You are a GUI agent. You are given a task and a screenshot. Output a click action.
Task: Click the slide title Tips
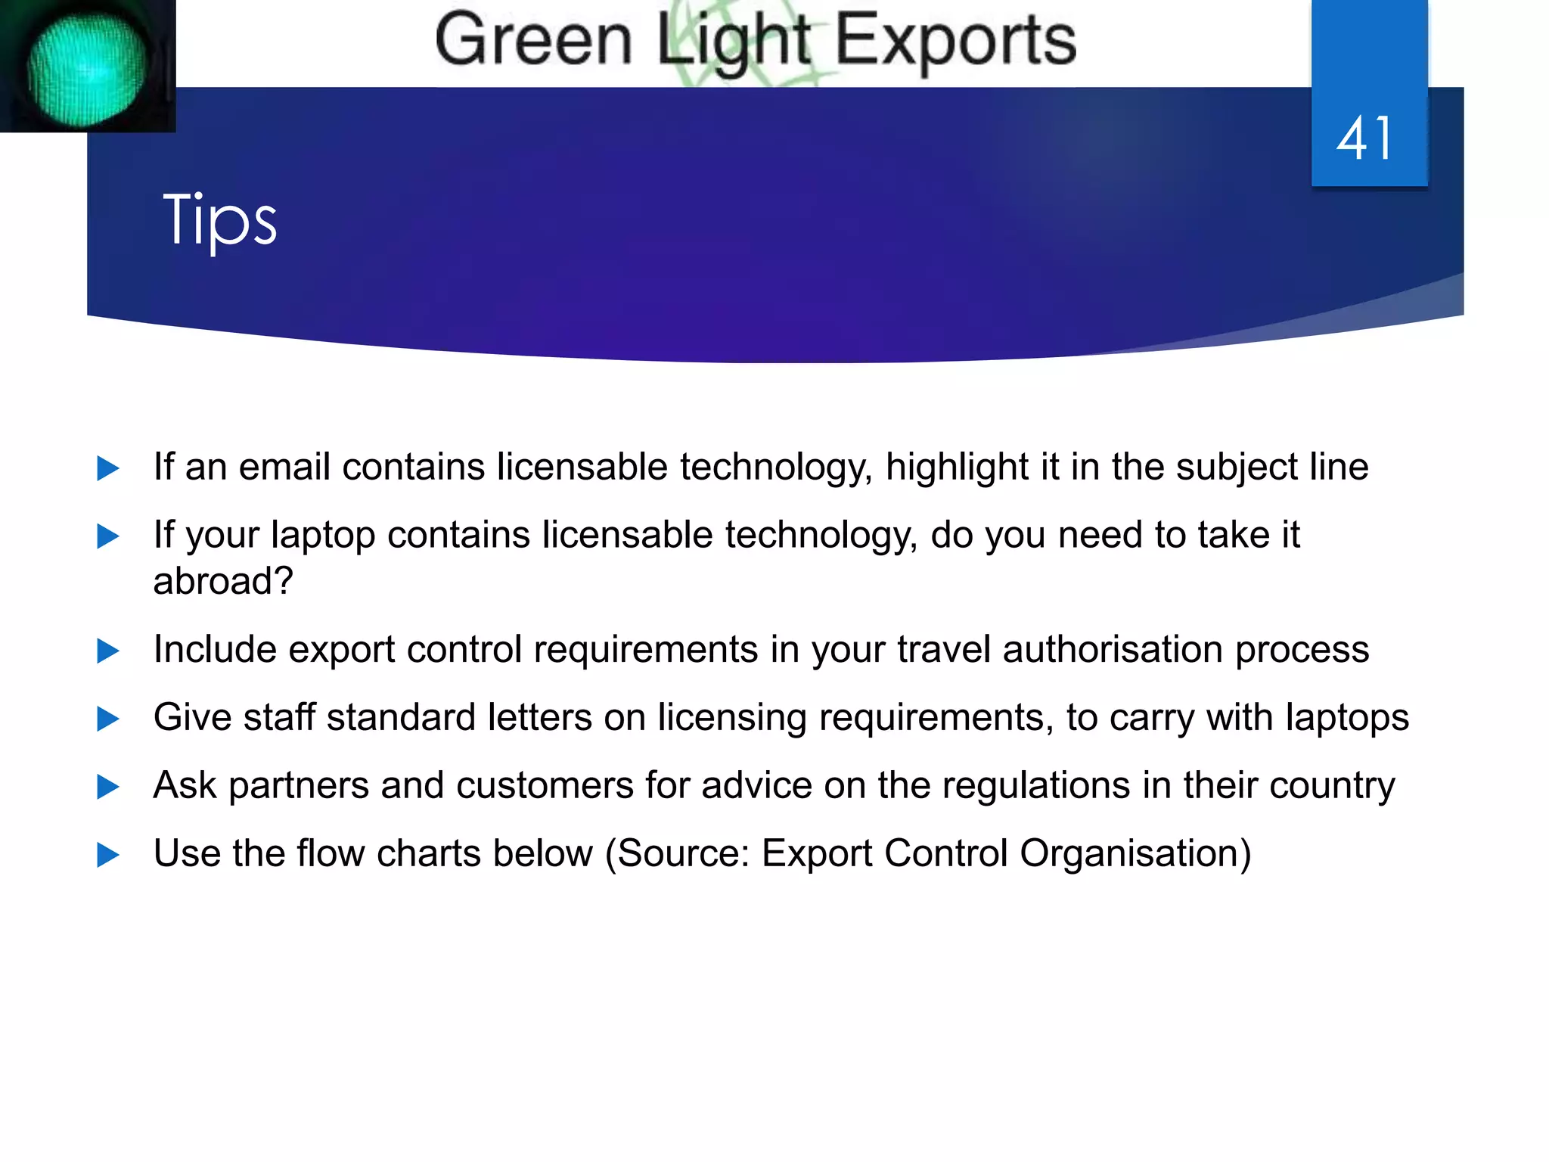219,219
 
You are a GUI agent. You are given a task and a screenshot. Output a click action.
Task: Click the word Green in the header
533,41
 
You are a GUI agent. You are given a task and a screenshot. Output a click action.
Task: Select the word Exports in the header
955,41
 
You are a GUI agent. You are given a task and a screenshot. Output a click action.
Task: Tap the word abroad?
222,581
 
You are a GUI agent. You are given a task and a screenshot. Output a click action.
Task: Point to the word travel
943,649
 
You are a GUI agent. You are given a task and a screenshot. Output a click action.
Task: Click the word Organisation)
1135,854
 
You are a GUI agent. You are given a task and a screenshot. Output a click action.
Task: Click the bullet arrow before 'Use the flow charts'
108,856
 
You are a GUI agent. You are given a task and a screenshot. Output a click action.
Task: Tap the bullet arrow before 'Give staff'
108,719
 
